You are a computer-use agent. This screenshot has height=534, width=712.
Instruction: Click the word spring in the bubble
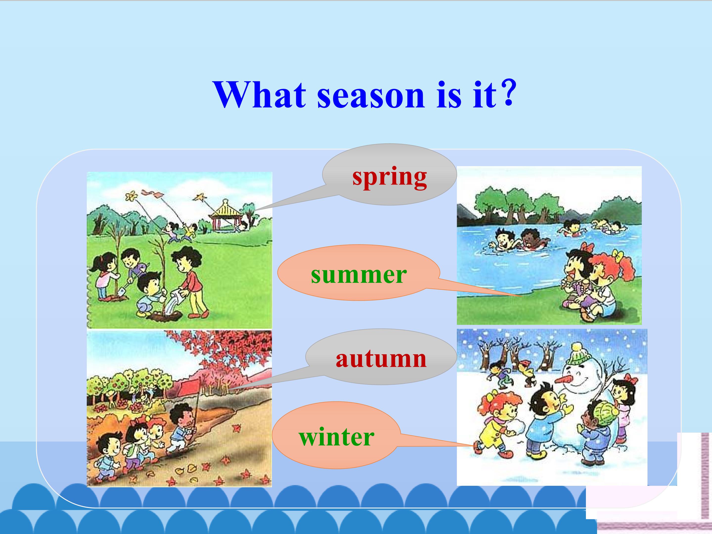tap(389, 178)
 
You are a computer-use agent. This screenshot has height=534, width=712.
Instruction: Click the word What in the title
tap(259, 95)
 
